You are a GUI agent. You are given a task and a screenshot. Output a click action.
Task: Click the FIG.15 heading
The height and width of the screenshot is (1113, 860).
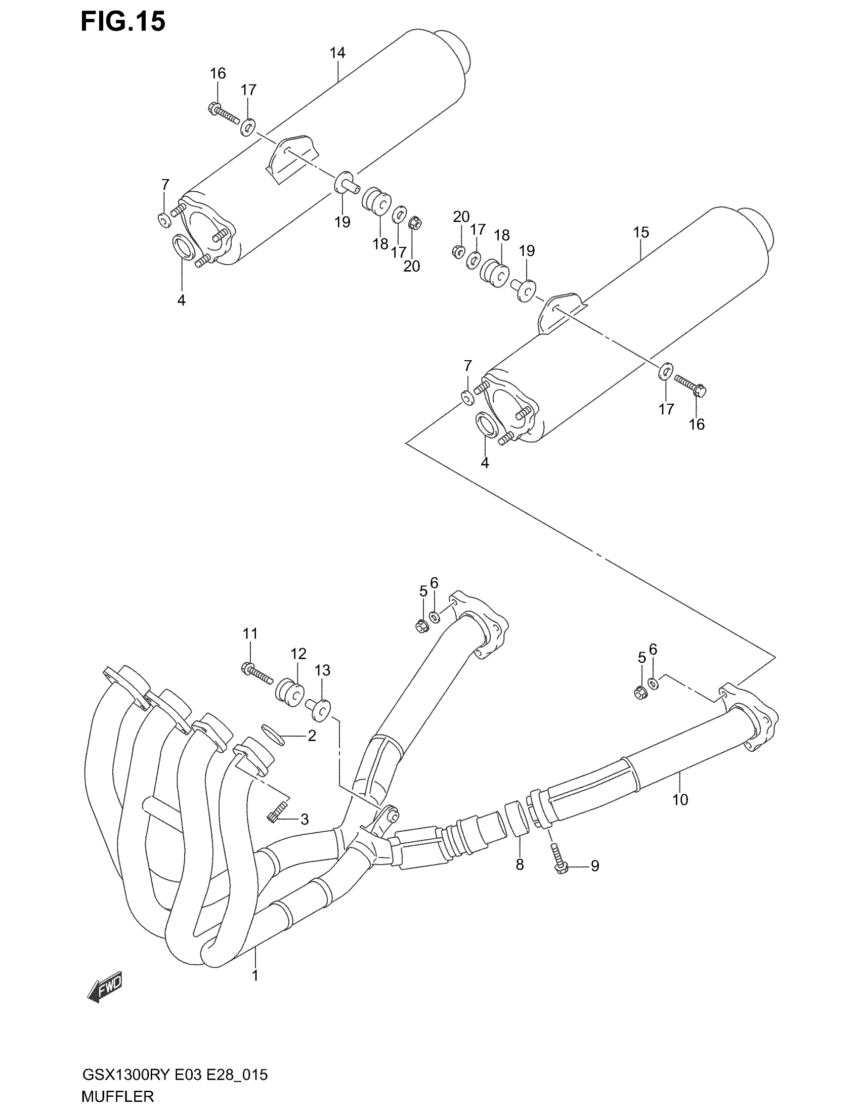pos(123,22)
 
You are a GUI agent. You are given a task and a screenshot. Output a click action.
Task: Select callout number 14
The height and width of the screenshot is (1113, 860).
pos(337,53)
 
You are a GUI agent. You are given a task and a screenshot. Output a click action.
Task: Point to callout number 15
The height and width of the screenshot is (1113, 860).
pos(641,232)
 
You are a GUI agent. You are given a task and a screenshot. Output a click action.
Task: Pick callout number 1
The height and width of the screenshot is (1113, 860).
pos(255,976)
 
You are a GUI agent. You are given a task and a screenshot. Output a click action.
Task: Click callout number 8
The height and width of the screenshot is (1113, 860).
pos(520,865)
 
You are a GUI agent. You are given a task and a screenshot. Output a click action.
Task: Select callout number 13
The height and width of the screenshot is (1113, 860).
pos(323,671)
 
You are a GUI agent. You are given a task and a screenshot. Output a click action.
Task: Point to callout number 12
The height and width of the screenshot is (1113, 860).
pos(298,654)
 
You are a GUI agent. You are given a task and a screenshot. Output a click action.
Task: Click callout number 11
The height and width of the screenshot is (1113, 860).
pos(250,634)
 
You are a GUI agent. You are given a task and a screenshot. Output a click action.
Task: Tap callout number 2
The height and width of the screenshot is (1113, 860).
pos(312,736)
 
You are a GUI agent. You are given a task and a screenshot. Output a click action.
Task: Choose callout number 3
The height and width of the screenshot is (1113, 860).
pos(304,820)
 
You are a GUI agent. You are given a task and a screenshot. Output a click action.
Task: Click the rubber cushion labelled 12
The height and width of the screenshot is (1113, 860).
pos(290,693)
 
